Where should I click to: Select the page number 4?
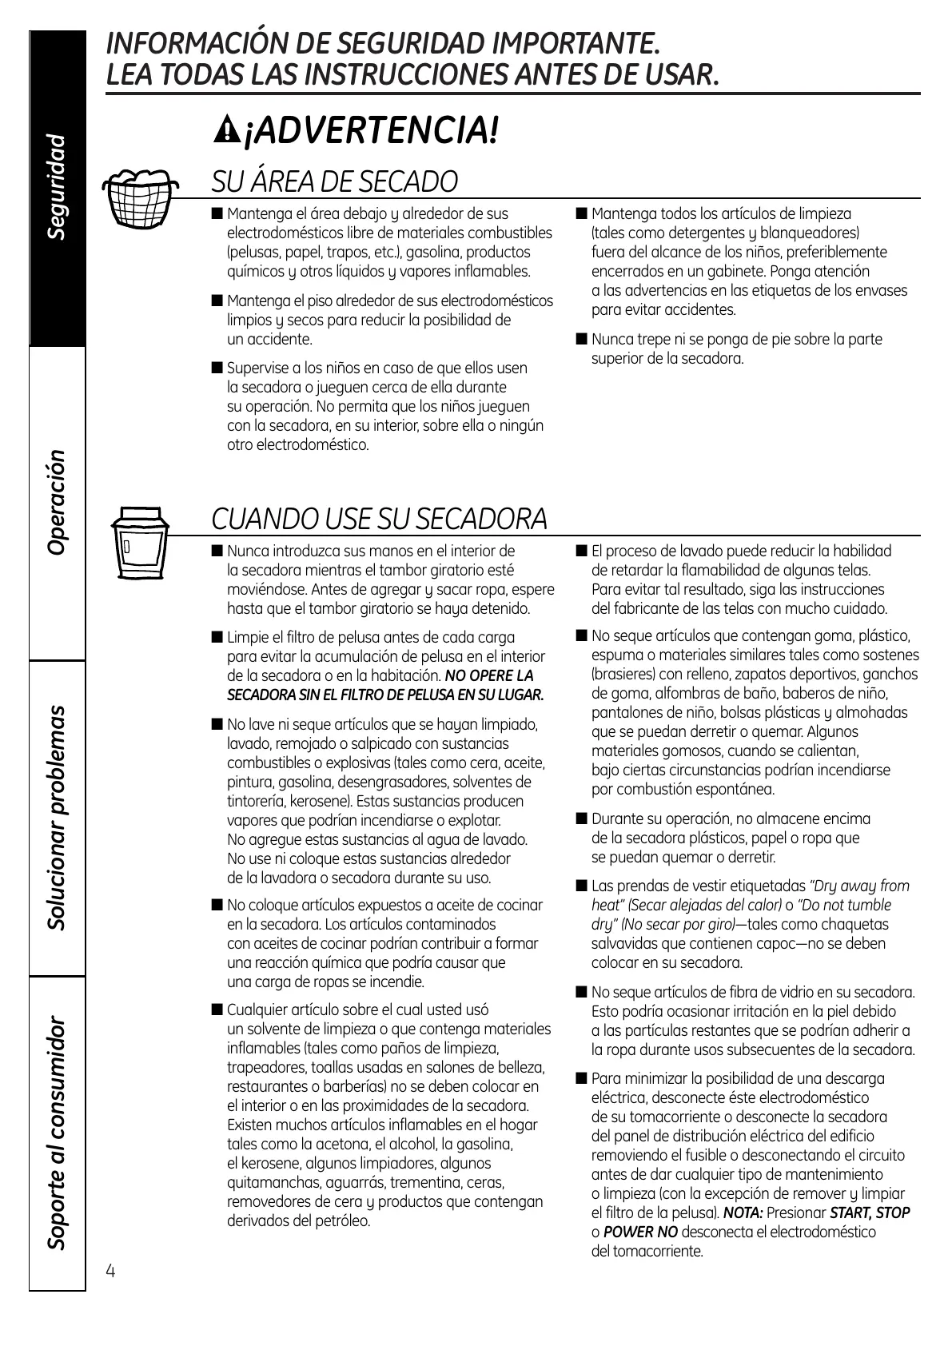110,1271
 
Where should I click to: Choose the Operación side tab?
58,503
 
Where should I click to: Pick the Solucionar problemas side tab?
58,818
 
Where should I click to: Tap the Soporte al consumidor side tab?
58,1133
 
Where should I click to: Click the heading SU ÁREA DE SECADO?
334,182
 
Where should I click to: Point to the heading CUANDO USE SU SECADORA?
379,520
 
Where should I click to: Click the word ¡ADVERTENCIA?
372,130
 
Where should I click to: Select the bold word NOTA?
743,1213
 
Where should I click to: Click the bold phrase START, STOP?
870,1213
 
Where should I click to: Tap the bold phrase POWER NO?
640,1232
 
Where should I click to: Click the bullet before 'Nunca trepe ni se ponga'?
581,339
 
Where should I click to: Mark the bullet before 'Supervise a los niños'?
217,368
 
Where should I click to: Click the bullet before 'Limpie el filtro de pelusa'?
217,637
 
